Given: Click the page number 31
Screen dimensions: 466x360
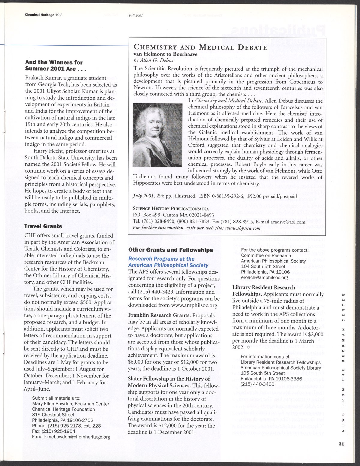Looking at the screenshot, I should coord(340,445).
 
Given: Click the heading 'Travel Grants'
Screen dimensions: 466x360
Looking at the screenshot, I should coord(43,226).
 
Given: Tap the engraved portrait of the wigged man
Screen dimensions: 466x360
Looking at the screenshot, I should coord(157,135).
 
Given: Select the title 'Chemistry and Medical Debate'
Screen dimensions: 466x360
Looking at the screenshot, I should coord(200,47).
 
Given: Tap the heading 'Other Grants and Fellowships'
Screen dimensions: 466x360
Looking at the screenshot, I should coord(170,250).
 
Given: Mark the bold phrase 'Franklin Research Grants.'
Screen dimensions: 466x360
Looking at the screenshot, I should coord(159,316).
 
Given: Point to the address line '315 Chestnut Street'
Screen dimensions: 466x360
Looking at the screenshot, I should coord(53,415).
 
